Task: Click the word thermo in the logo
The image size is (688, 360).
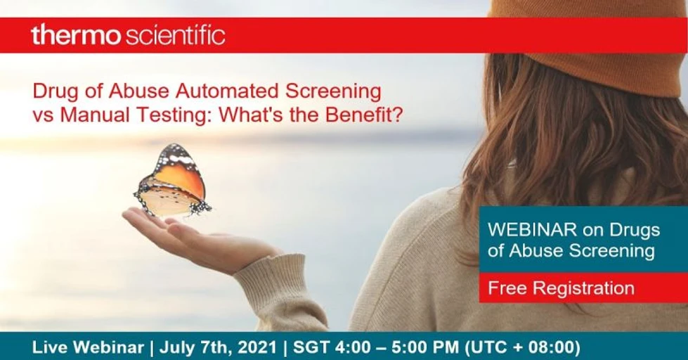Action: pyautogui.click(x=76, y=35)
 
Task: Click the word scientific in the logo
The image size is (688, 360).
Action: pyautogui.click(x=175, y=35)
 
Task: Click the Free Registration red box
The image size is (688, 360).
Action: pyautogui.click(x=561, y=288)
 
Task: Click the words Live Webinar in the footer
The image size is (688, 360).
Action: pyautogui.click(x=87, y=347)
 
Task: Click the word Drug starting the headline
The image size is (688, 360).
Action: pyautogui.click(x=52, y=91)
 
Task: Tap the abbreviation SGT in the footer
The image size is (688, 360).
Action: pyautogui.click(x=313, y=347)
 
